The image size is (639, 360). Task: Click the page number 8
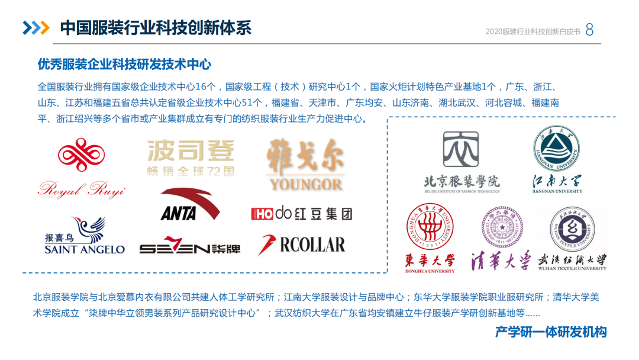tap(589, 30)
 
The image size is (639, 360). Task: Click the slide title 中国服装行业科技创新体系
tap(156, 28)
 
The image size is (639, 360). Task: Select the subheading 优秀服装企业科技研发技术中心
tap(124, 64)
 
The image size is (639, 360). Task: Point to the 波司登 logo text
tap(191, 152)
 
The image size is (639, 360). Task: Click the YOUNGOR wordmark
tap(305, 183)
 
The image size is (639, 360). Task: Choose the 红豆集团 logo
tap(301, 213)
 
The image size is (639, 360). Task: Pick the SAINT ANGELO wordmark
tap(85, 249)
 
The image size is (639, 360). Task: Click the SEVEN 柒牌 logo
tap(190, 248)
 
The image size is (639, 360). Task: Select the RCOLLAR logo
tap(301, 245)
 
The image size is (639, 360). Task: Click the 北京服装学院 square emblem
tap(461, 150)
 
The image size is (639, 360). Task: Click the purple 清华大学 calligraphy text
tap(502, 261)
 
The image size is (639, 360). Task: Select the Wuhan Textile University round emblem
tap(572, 229)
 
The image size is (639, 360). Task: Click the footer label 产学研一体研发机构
tap(551, 332)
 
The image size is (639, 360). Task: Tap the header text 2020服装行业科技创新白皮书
tap(532, 31)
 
